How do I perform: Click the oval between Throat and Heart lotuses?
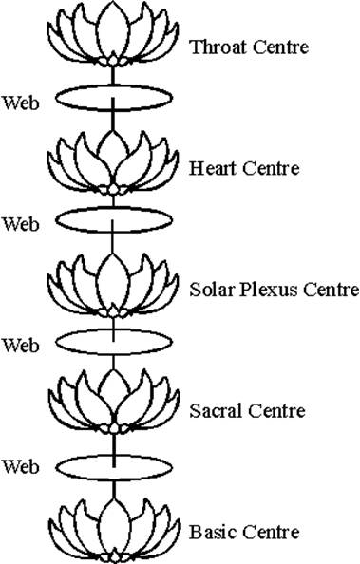coord(115,99)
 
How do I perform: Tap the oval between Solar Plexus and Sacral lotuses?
coord(115,341)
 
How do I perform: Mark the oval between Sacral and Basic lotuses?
coord(115,465)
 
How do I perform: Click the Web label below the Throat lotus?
coord(21,101)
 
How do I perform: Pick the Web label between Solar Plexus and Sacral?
coord(21,344)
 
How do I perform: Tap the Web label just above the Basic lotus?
coord(21,466)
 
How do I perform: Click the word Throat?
coord(215,46)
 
